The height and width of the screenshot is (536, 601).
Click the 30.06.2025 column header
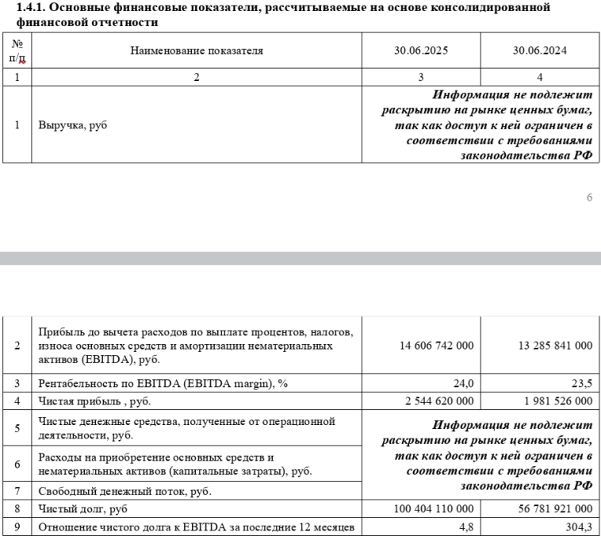tap(421, 51)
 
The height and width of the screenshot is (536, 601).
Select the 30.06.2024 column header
tap(540, 51)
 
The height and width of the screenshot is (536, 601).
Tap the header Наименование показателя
tap(197, 51)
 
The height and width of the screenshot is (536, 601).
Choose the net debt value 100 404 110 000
tap(433, 508)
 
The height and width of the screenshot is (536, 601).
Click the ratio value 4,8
tap(466, 526)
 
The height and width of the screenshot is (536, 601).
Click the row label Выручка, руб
tap(72, 125)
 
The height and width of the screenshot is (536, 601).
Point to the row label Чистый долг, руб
tap(82, 508)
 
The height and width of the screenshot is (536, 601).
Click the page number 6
tap(589, 197)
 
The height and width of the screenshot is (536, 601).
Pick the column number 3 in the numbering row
tap(421, 77)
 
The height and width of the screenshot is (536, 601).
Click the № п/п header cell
tap(17, 51)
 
